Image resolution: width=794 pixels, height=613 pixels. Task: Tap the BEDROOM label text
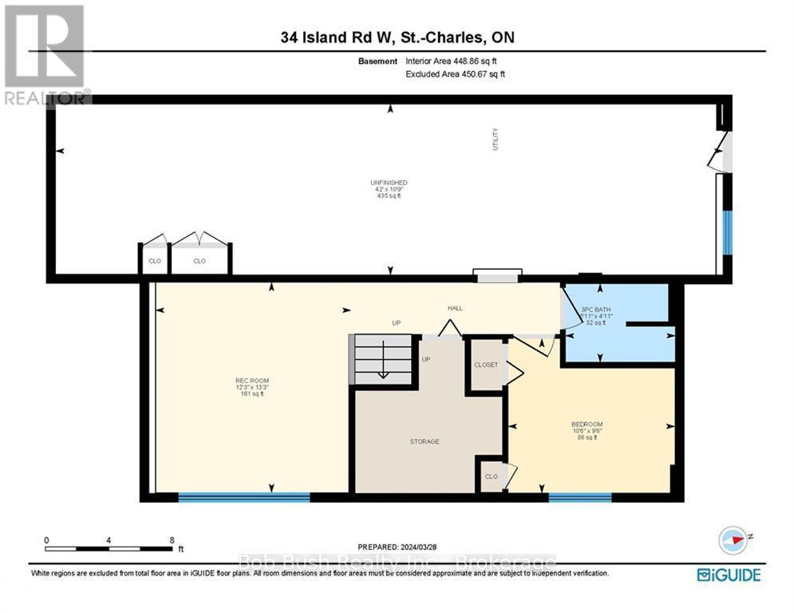[x=587, y=424]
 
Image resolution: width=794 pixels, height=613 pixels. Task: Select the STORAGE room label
[x=425, y=441]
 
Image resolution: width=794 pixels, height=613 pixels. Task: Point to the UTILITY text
[x=496, y=140]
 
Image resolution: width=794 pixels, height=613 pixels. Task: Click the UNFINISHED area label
[x=389, y=183]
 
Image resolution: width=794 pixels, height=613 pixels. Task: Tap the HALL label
[x=455, y=308]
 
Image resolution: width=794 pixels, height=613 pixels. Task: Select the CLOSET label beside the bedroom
[x=485, y=365]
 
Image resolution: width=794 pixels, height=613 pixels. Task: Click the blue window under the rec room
[x=243, y=497]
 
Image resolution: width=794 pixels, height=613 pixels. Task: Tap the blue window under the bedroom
[x=579, y=497]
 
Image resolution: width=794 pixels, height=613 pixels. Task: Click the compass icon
[x=734, y=540]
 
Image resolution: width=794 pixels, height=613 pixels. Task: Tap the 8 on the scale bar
[x=172, y=540]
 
